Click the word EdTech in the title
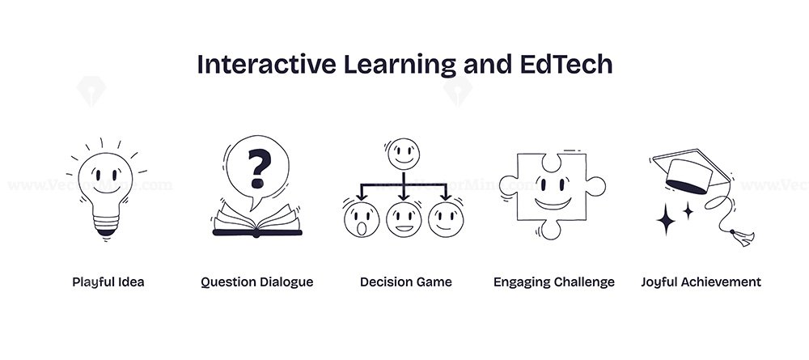click(562, 65)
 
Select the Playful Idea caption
click(108, 282)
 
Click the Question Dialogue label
click(257, 282)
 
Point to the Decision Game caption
click(406, 282)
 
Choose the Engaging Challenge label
click(554, 282)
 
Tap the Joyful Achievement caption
click(701, 282)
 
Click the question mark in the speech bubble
click(259, 168)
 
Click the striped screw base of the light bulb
click(106, 225)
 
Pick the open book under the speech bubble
click(257, 221)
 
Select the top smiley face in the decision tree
click(404, 155)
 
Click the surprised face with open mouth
click(362, 219)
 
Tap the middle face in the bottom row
click(404, 219)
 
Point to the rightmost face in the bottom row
click(446, 219)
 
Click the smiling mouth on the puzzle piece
click(553, 203)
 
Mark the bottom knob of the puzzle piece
click(550, 230)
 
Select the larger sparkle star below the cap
click(666, 220)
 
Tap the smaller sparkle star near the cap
click(688, 210)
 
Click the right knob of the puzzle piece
click(596, 186)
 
